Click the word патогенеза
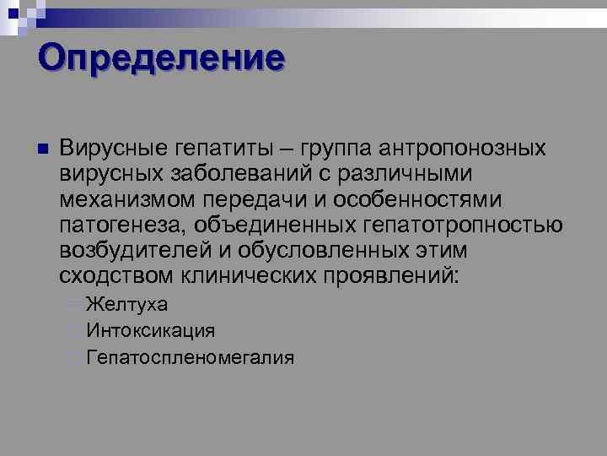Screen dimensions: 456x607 (126, 225)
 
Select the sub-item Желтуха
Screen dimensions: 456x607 (126, 305)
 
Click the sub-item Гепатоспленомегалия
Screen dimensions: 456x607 (190, 357)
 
